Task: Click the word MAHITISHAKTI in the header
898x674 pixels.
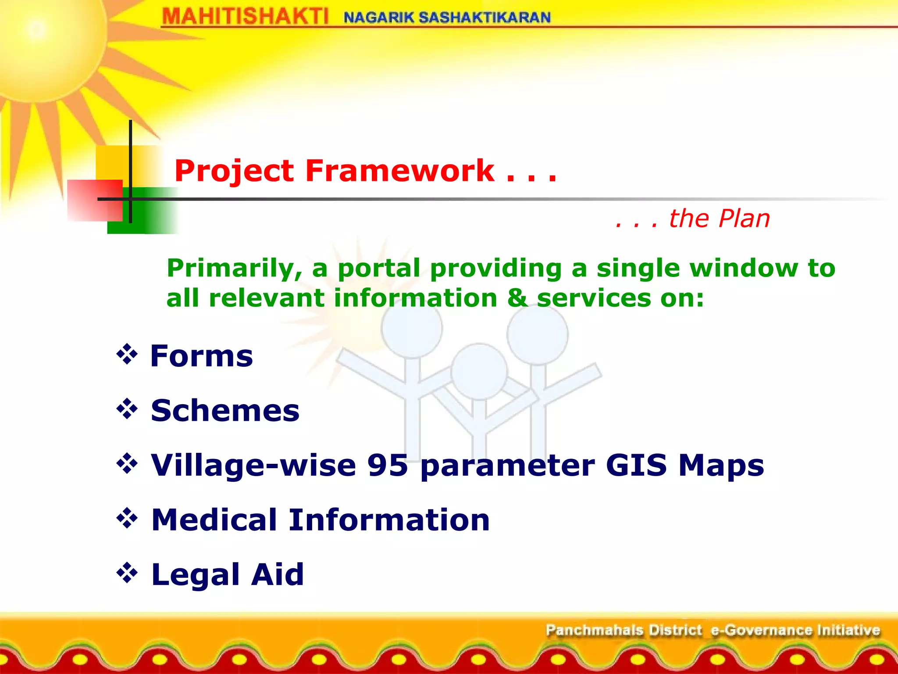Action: tap(245, 17)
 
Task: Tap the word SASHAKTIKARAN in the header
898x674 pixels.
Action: tap(485, 18)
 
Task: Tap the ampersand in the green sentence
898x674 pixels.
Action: tap(517, 298)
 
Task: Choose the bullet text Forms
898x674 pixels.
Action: tap(202, 356)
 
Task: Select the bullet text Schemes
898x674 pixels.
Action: tap(225, 411)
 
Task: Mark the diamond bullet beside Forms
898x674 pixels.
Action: tap(127, 355)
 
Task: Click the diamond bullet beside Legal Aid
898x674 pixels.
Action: tap(127, 573)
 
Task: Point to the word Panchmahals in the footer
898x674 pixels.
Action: tap(594, 630)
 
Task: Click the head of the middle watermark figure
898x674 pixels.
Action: tap(479, 371)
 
